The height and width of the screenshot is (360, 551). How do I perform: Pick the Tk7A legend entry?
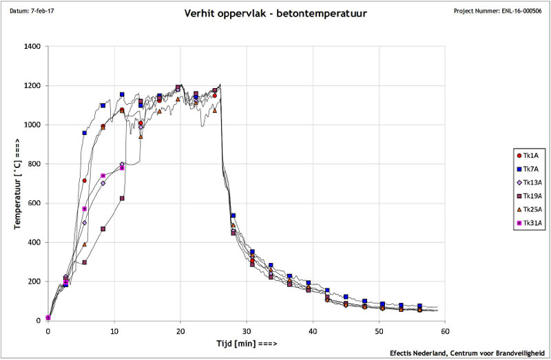(530, 169)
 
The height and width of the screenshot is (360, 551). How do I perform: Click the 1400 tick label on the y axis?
(32, 47)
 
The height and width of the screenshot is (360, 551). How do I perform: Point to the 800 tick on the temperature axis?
(34, 164)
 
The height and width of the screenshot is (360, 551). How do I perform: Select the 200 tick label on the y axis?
(34, 282)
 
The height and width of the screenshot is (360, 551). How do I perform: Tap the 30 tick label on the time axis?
(247, 330)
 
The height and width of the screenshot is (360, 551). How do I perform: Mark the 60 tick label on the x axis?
(445, 330)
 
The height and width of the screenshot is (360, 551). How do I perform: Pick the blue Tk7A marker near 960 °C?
(85, 133)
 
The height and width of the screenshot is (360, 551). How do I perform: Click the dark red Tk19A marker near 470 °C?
(103, 229)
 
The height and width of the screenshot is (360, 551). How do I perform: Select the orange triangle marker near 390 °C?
(85, 244)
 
